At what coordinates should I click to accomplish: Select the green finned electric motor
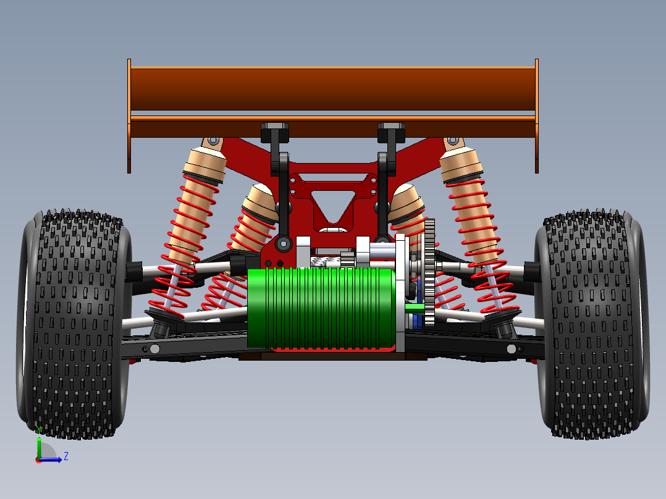pos(321,308)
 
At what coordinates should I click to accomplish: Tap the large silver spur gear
pos(430,272)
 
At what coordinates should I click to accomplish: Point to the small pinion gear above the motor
pos(347,260)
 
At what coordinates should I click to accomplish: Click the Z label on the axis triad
pos(65,456)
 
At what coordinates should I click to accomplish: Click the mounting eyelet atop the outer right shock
pos(453,141)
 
